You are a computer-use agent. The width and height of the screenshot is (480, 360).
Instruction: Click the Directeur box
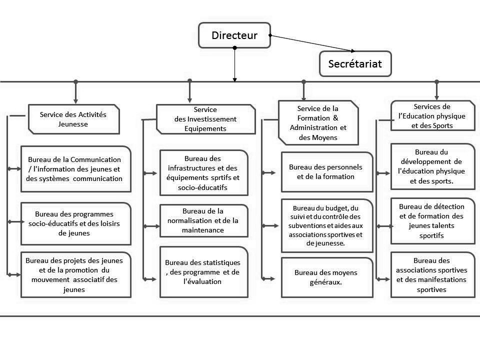point(234,35)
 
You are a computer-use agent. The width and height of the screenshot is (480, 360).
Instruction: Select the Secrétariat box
point(355,64)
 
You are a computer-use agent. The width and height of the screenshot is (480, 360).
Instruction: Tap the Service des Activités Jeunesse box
point(73,119)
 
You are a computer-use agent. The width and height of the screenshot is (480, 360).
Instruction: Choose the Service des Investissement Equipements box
point(205,119)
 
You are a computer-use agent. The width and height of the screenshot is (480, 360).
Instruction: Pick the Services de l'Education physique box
point(432,116)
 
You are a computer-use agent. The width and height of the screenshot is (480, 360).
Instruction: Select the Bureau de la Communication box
point(75,169)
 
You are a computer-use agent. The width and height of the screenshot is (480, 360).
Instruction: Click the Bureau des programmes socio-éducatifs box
point(75,223)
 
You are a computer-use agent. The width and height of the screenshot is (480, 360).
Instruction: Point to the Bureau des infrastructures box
point(203,172)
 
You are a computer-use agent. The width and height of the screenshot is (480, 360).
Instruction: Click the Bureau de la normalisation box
point(203,220)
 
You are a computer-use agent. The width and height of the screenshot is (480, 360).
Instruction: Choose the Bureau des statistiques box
point(203,272)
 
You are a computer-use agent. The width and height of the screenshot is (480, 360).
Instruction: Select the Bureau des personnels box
point(326,171)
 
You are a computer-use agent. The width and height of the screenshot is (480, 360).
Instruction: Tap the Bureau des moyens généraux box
point(326,277)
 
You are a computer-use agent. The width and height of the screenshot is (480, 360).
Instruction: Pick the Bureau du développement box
point(432,166)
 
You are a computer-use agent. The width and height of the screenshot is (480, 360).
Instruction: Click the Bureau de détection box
point(432,221)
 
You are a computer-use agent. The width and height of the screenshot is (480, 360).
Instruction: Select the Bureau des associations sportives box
point(432,275)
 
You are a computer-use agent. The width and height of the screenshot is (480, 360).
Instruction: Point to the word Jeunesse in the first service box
point(73,124)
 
